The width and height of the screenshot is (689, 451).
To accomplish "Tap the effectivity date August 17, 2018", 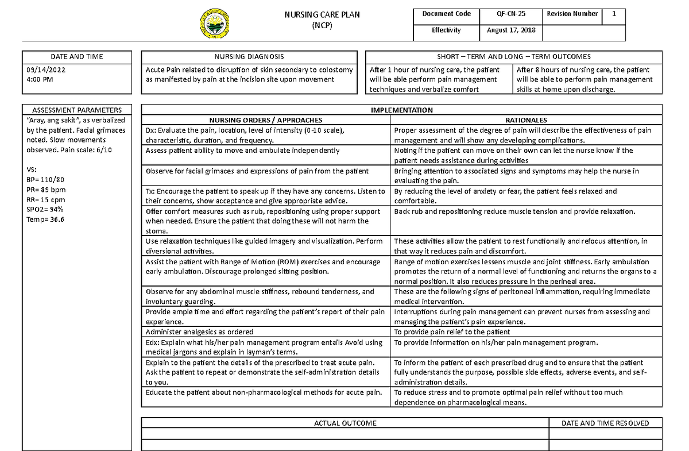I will [x=511, y=30].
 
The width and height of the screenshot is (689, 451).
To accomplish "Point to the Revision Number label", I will [x=572, y=14].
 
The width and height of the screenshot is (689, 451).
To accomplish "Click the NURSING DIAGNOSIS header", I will [x=249, y=57].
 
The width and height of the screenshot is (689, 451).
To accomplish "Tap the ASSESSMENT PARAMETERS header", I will [x=76, y=110].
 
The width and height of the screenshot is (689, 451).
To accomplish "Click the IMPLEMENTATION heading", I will [x=402, y=110].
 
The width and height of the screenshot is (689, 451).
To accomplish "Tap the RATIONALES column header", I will [x=525, y=120].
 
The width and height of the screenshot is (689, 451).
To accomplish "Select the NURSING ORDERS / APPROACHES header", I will [x=266, y=120].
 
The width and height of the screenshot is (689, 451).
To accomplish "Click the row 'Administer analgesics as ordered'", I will [x=199, y=332].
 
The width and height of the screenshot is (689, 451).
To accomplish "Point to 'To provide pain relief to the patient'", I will [x=452, y=332].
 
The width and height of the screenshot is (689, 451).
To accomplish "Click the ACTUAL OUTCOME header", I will [x=345, y=423].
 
